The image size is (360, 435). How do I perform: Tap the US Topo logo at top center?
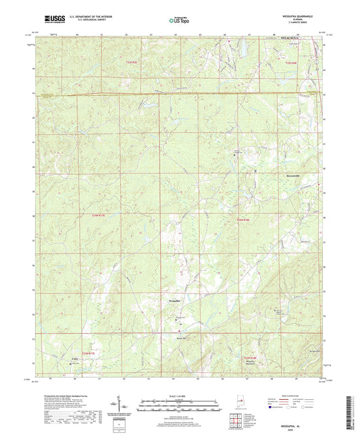(178, 20)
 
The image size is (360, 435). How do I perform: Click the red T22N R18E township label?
(249, 357)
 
